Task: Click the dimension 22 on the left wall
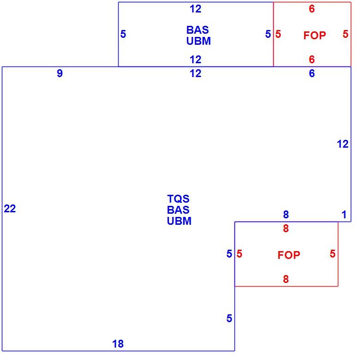10,209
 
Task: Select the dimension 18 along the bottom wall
118,344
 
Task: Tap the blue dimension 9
60,73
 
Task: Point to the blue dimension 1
344,215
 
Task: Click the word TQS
179,199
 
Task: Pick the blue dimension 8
286,215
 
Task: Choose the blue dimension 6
312,73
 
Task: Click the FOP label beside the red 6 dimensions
315,36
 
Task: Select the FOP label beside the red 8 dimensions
289,255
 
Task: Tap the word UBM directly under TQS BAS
180,221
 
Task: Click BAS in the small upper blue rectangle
198,30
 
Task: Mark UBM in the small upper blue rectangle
198,41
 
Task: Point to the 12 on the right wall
343,144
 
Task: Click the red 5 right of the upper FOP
346,34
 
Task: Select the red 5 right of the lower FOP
333,254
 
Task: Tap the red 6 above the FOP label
312,9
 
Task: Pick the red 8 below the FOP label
286,279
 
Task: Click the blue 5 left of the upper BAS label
123,34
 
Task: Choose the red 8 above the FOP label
286,228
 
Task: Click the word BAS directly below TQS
179,210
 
